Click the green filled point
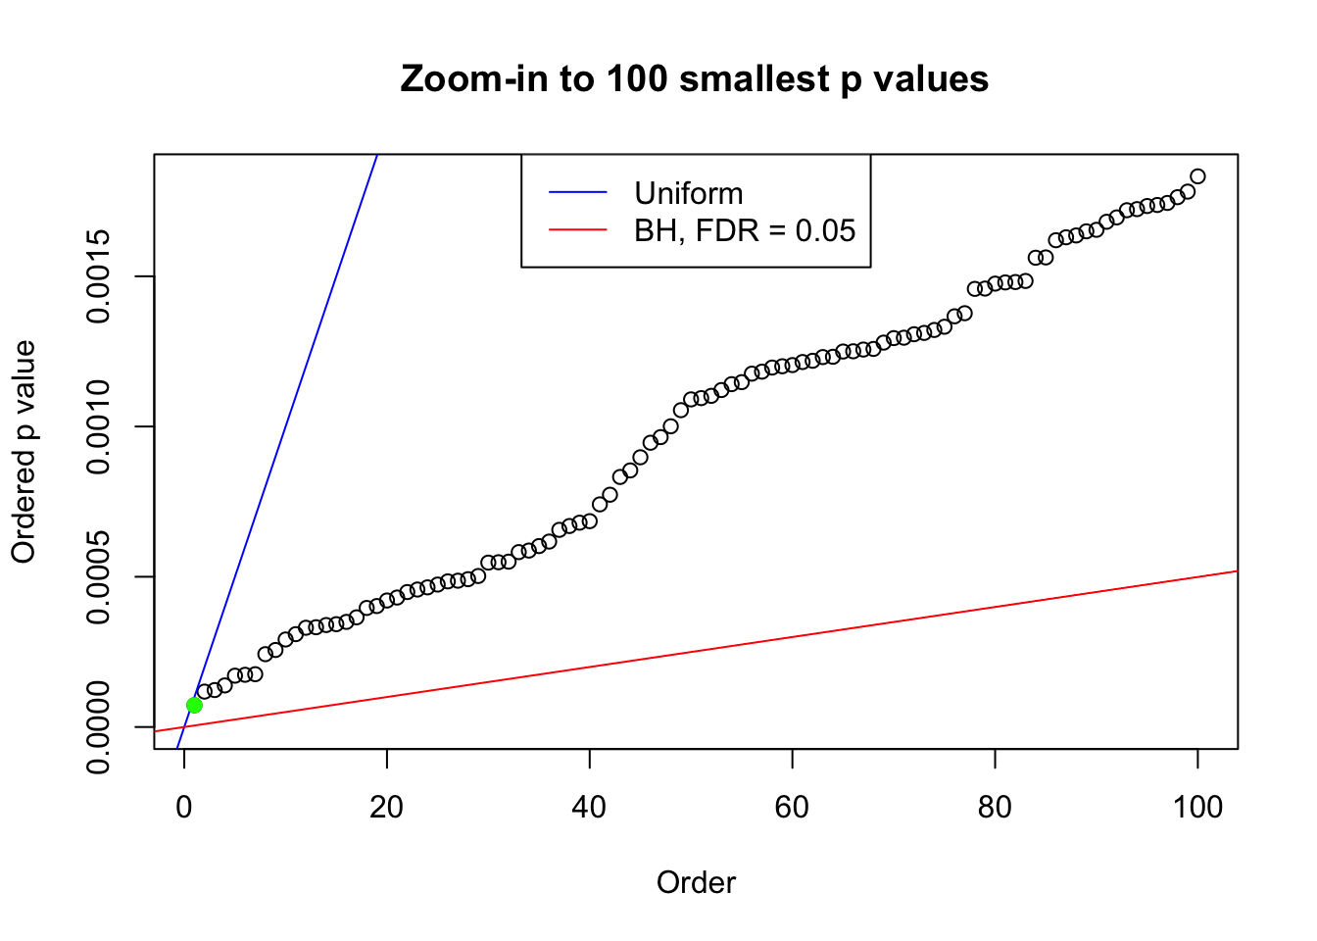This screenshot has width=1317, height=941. pyautogui.click(x=194, y=705)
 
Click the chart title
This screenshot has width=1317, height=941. pyautogui.click(x=694, y=78)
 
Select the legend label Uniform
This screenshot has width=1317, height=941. pyautogui.click(x=688, y=193)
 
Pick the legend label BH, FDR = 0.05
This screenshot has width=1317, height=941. pyautogui.click(x=745, y=230)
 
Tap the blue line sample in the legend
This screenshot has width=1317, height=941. pyautogui.click(x=578, y=193)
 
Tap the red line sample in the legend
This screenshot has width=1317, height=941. pyautogui.click(x=578, y=230)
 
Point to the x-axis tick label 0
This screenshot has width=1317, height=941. pyautogui.click(x=184, y=807)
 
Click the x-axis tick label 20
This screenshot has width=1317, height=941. pyautogui.click(x=387, y=807)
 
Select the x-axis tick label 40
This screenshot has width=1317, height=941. pyautogui.click(x=590, y=807)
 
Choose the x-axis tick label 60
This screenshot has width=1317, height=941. pyautogui.click(x=792, y=807)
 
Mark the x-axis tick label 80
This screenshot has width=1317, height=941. pyautogui.click(x=995, y=807)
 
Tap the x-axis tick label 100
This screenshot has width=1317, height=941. pyautogui.click(x=1197, y=807)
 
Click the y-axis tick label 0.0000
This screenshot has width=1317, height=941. pyautogui.click(x=98, y=726)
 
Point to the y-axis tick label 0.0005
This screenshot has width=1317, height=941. pyautogui.click(x=98, y=576)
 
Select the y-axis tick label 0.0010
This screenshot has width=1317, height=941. pyautogui.click(x=98, y=426)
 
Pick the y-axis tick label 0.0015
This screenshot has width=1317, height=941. pyautogui.click(x=98, y=276)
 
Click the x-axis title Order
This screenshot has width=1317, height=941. pyautogui.click(x=696, y=882)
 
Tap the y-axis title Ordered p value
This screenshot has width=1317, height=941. pyautogui.click(x=24, y=452)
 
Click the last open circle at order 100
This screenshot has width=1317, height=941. pyautogui.click(x=1197, y=176)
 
